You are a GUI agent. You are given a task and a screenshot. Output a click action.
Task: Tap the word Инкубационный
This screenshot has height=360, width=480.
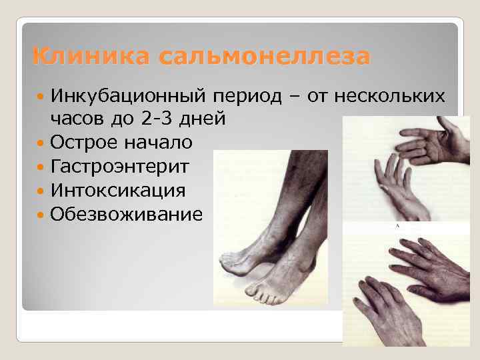pyautogui.click(x=130, y=96)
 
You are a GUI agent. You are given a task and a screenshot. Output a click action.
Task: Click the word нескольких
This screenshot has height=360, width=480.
pyautogui.click(x=397, y=96)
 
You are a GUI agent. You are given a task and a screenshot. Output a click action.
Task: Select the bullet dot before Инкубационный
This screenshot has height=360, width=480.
pyautogui.click(x=41, y=97)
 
